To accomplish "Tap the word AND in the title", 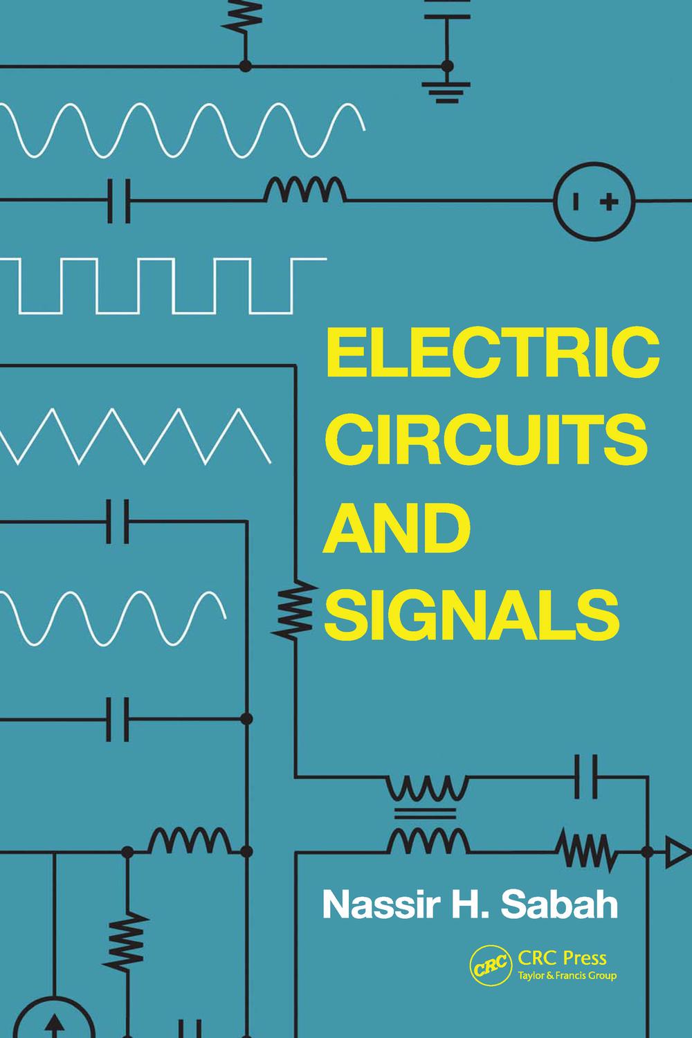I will pyautogui.click(x=392, y=529).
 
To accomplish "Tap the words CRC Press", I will pyautogui.click(x=562, y=958).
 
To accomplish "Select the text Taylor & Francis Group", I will pyautogui.click(x=566, y=976).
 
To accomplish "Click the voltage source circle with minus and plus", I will pyautogui.click(x=593, y=202).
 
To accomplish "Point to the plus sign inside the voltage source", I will pyautogui.click(x=608, y=202).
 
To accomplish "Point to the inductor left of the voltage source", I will pyautogui.click(x=305, y=190).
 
